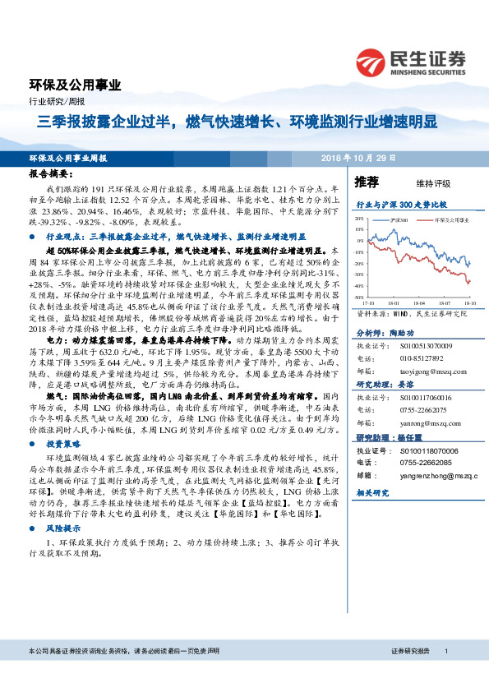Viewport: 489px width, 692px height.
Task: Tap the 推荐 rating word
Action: [367, 181]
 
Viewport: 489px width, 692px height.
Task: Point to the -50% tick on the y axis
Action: [358, 296]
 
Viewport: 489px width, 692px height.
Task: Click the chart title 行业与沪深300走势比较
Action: [399, 202]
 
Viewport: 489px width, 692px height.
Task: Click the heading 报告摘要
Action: [51, 175]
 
